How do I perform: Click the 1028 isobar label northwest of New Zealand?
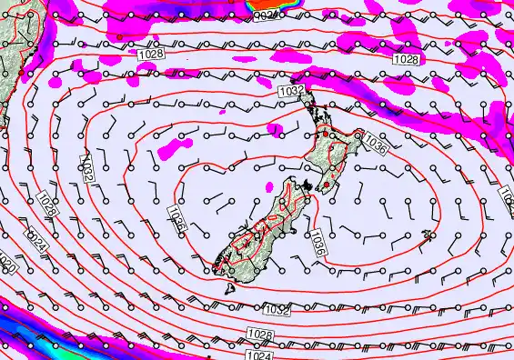[x=152, y=56]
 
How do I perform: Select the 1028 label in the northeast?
[x=407, y=58]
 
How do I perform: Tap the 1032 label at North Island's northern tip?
[x=291, y=91]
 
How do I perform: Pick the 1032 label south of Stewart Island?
[x=277, y=311]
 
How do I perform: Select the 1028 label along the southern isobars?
[x=259, y=335]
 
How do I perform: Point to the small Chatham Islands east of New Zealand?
[x=428, y=240]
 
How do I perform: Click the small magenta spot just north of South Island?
[x=270, y=185]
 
